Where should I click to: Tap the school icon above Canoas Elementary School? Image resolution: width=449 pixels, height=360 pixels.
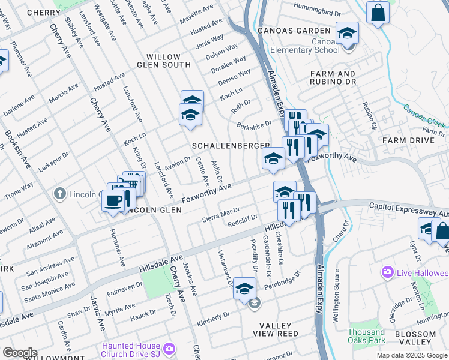346,33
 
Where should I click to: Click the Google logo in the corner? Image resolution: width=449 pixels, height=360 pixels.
20,353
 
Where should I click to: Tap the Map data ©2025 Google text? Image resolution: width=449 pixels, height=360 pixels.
411,355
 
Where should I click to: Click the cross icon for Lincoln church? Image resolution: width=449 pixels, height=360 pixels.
59,194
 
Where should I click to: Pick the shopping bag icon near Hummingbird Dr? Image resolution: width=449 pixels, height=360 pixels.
378,13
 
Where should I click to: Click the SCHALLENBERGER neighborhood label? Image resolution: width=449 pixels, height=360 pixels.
231,146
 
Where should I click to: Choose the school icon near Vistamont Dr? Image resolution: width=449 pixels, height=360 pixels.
244,288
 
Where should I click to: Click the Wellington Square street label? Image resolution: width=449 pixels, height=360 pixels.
337,292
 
